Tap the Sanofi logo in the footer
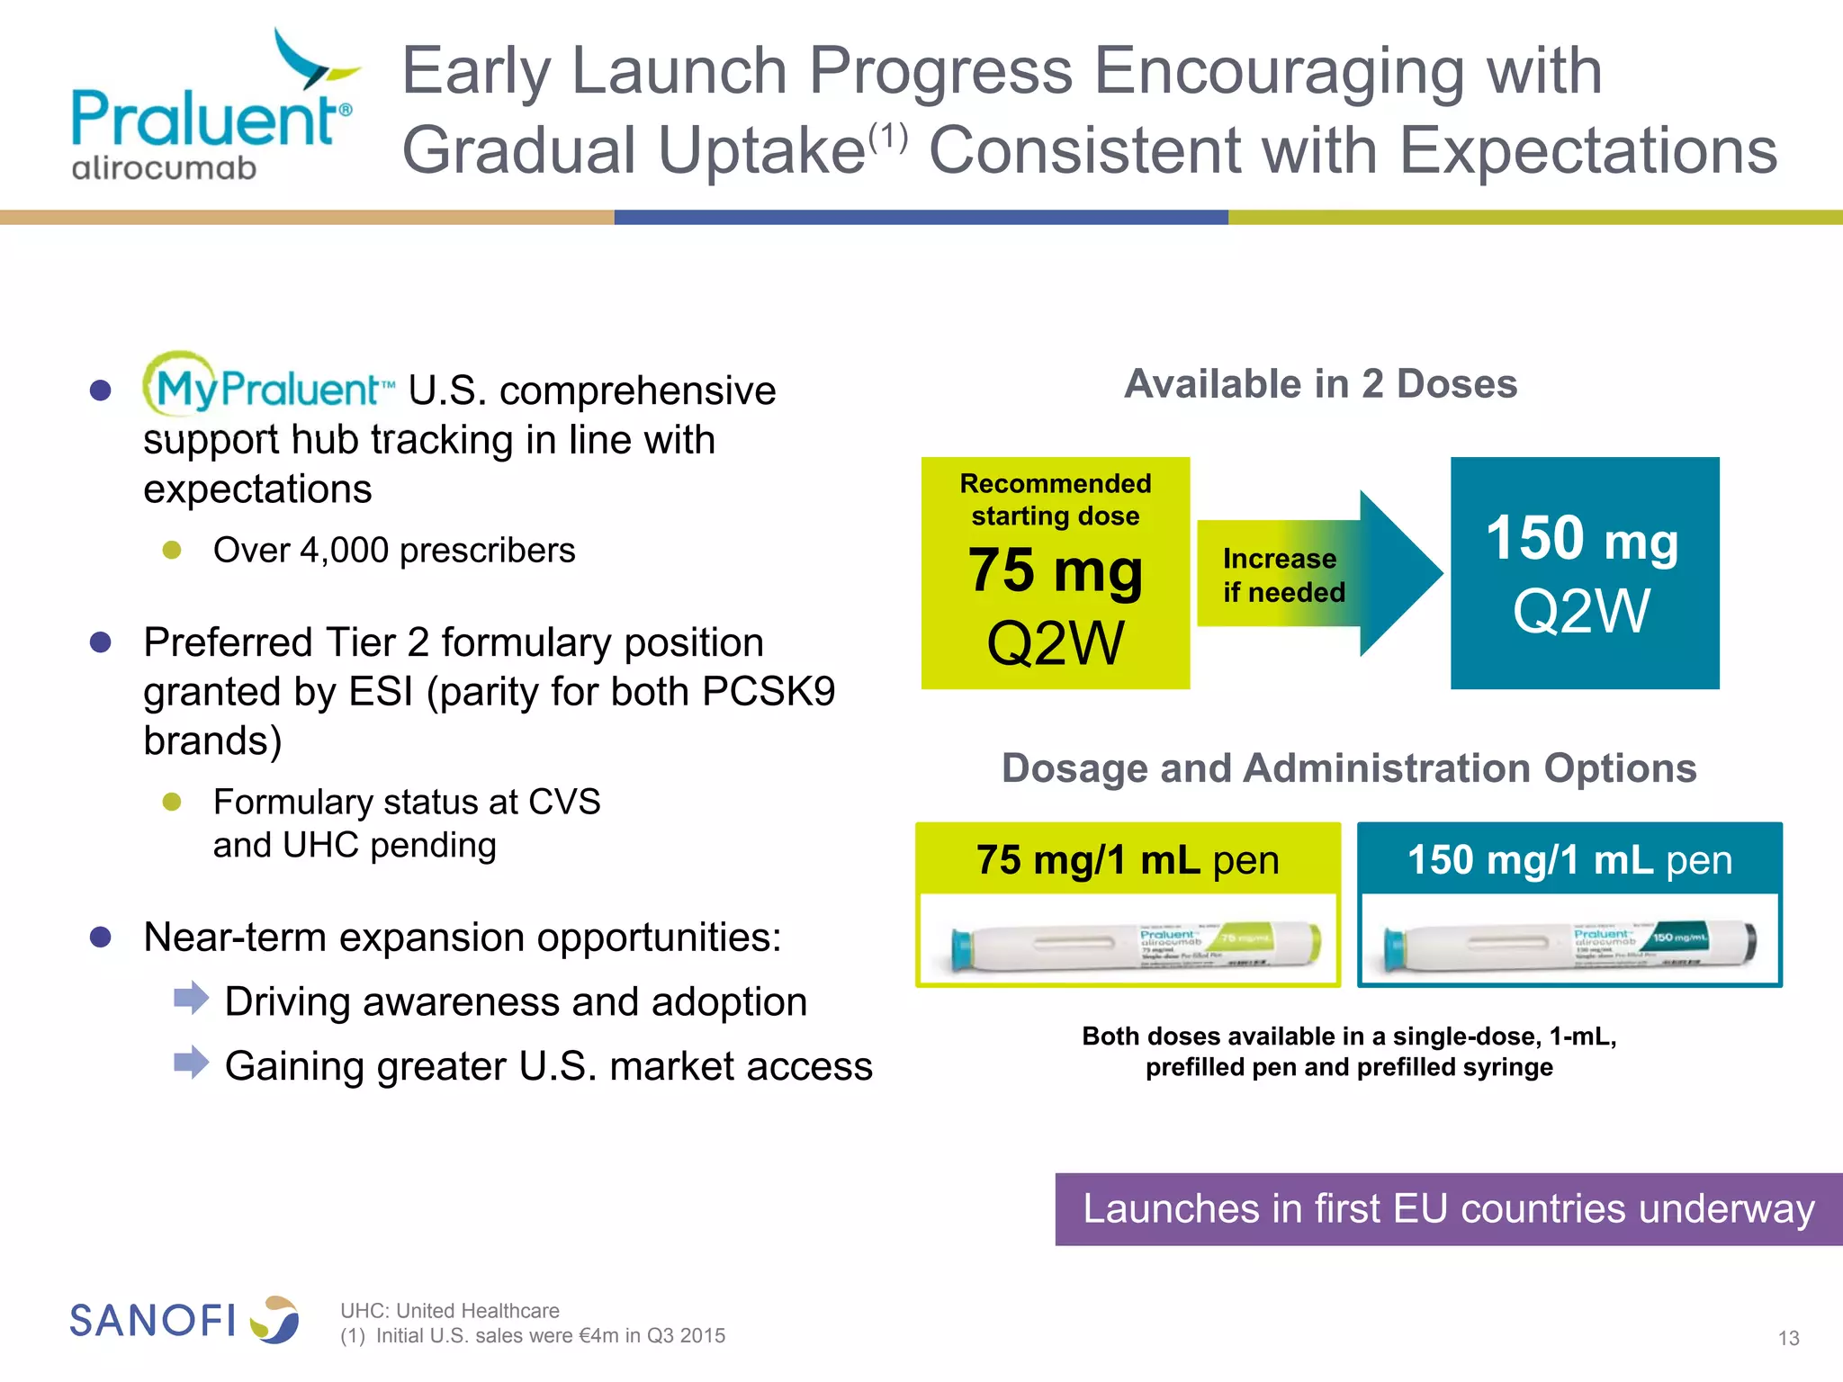(x=184, y=1320)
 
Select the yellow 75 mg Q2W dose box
(x=1055, y=573)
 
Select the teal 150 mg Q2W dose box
(x=1584, y=573)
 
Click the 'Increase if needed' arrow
(x=1318, y=575)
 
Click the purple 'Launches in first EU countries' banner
(x=1448, y=1208)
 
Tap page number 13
(x=1788, y=1338)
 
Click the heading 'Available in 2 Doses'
(x=1320, y=384)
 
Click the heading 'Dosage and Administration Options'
(x=1348, y=768)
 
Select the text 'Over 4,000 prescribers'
(x=393, y=551)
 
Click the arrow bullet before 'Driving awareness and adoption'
(x=191, y=998)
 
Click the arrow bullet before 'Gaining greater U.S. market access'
(x=191, y=1062)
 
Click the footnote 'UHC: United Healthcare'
(x=449, y=1310)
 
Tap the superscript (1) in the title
(x=887, y=138)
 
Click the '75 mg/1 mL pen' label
(x=1127, y=860)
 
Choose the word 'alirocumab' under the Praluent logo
(x=164, y=168)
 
